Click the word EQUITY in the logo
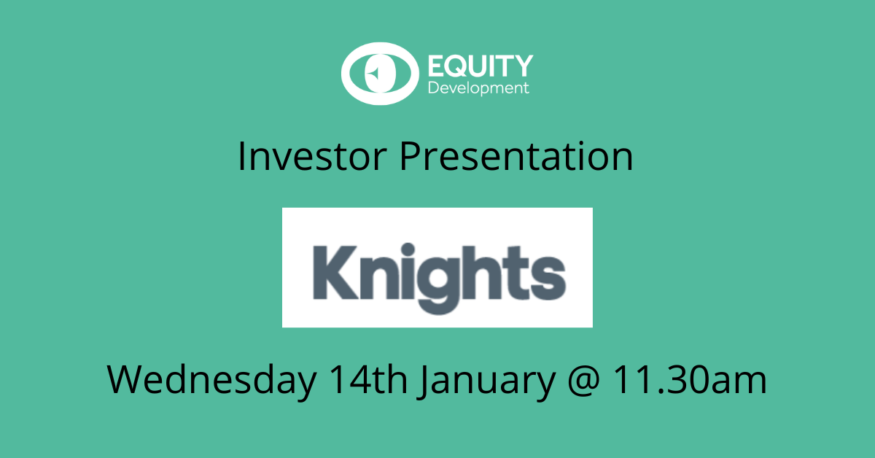[x=479, y=67]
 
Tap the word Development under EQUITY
[x=478, y=89]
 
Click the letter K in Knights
[x=332, y=271]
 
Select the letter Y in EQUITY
[x=524, y=67]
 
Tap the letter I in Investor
[x=242, y=158]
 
